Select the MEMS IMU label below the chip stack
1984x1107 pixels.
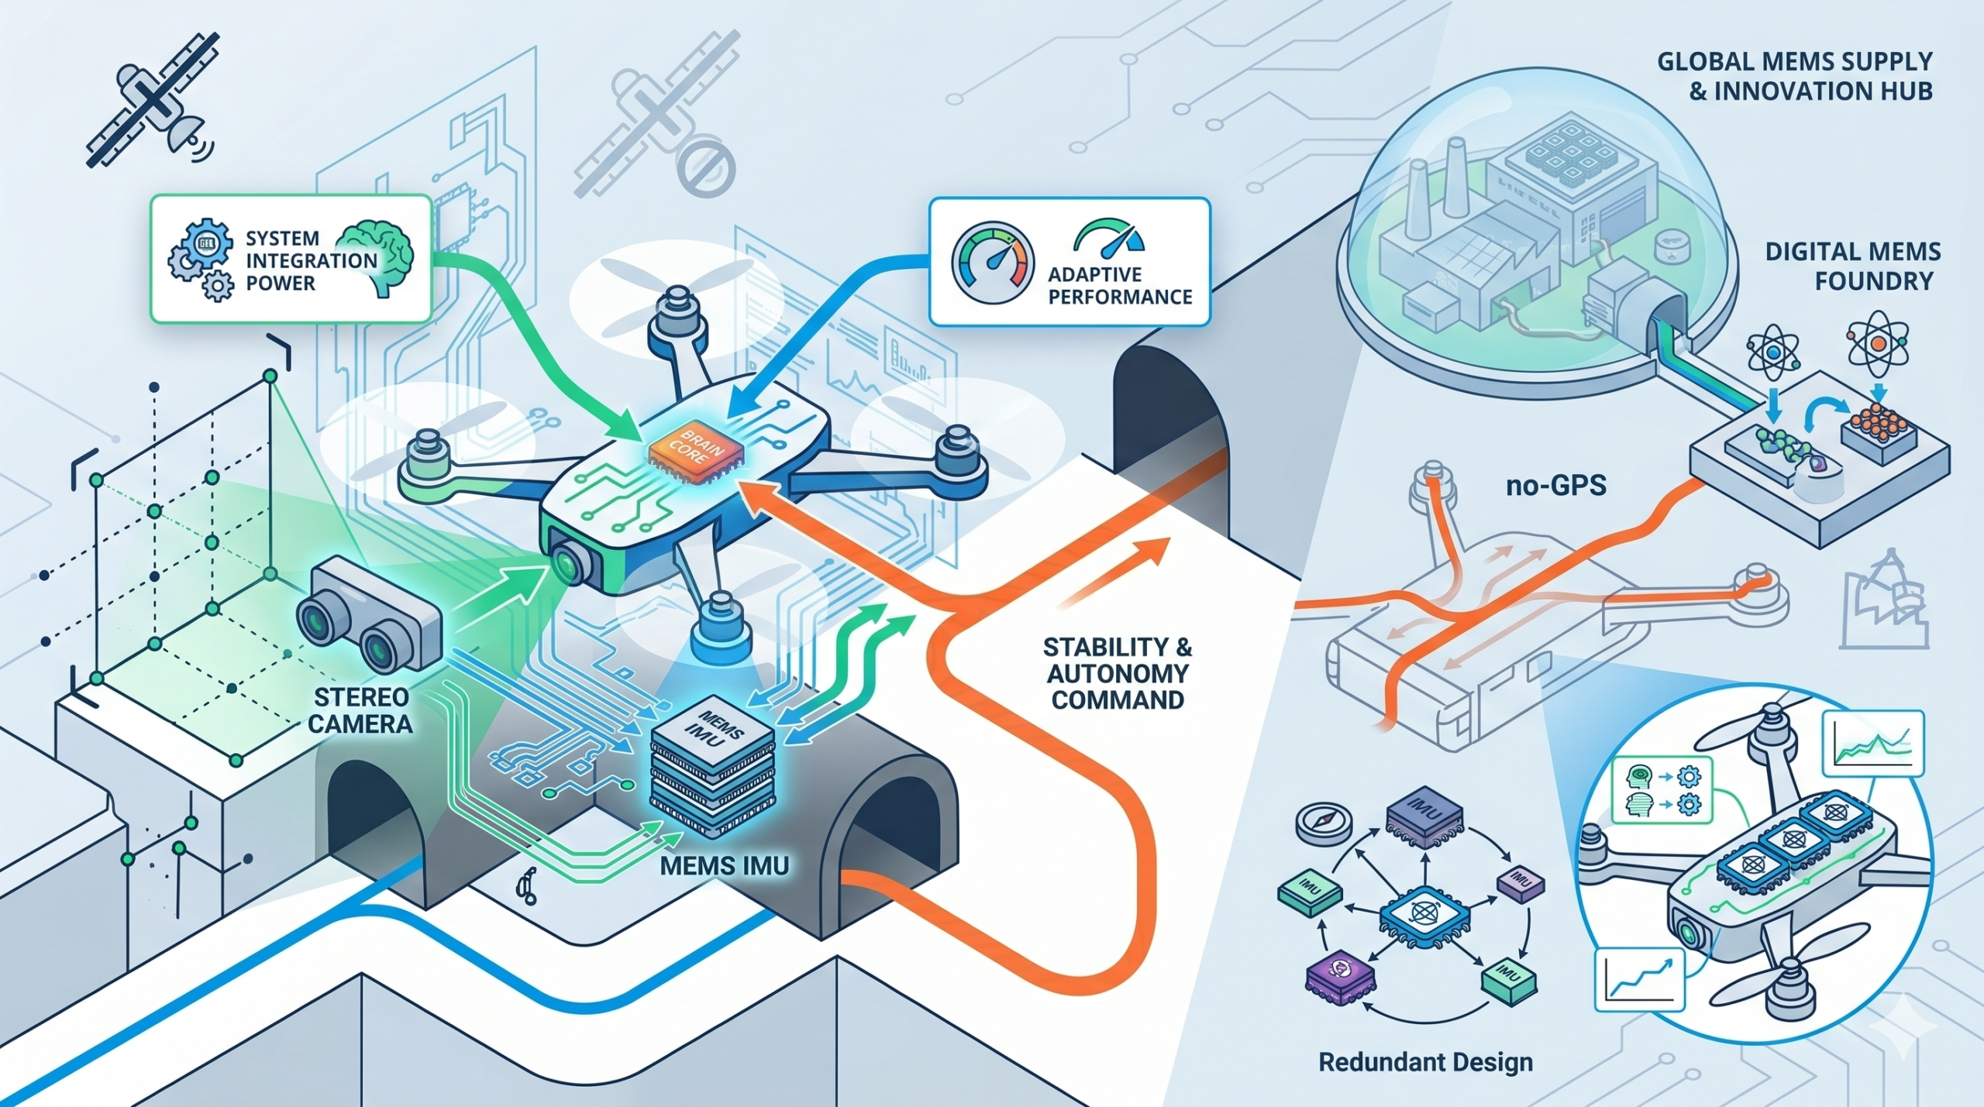(724, 865)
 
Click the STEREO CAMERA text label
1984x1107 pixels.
(360, 710)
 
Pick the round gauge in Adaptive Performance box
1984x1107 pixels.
(993, 264)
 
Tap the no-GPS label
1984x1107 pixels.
(1555, 486)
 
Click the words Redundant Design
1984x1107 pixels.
(1425, 1061)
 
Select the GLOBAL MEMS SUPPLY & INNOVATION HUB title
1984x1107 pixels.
(1793, 76)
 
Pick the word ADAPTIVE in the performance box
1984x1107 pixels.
(1095, 274)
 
